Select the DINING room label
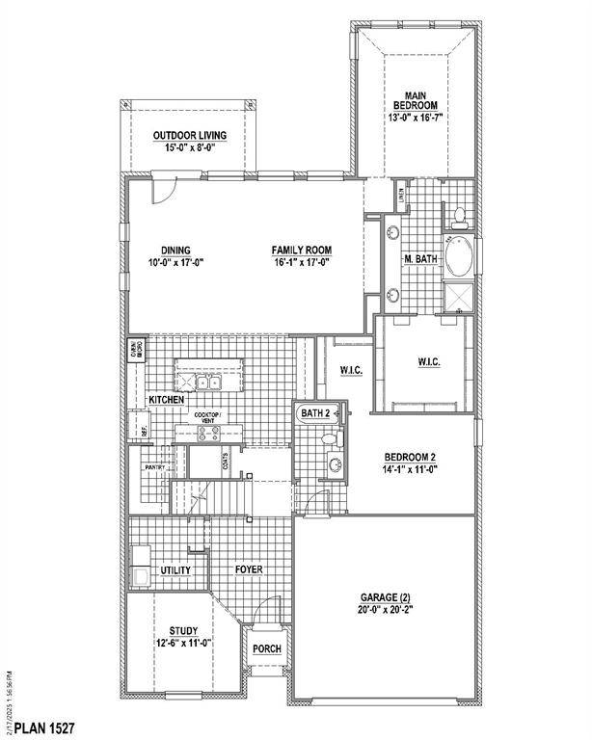coord(176,250)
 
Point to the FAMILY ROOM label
coord(300,250)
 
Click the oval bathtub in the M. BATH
coord(459,257)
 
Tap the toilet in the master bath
coord(460,213)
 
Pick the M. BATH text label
coord(421,258)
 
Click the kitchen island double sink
coord(208,383)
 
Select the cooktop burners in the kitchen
coord(207,433)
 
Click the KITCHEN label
coord(166,400)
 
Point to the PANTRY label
coord(156,468)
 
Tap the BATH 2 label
coord(314,413)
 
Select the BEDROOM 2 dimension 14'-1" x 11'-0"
coord(413,471)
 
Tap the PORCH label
coord(266,648)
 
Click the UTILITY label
coord(176,570)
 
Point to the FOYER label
coord(249,570)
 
